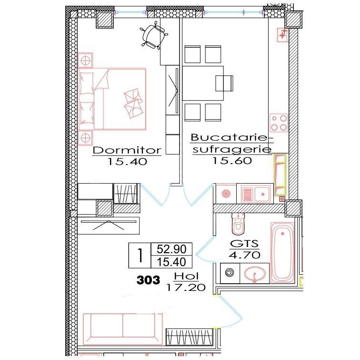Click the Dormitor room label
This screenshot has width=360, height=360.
coord(127,150)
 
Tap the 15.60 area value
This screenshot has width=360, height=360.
coord(231,161)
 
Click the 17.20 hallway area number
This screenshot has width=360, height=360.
coord(186,287)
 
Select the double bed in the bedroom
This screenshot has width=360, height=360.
coord(113,99)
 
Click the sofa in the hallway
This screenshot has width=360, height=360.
coord(123,326)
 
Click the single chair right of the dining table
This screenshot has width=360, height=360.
coord(225,83)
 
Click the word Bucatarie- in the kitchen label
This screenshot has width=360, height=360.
coord(231,138)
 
